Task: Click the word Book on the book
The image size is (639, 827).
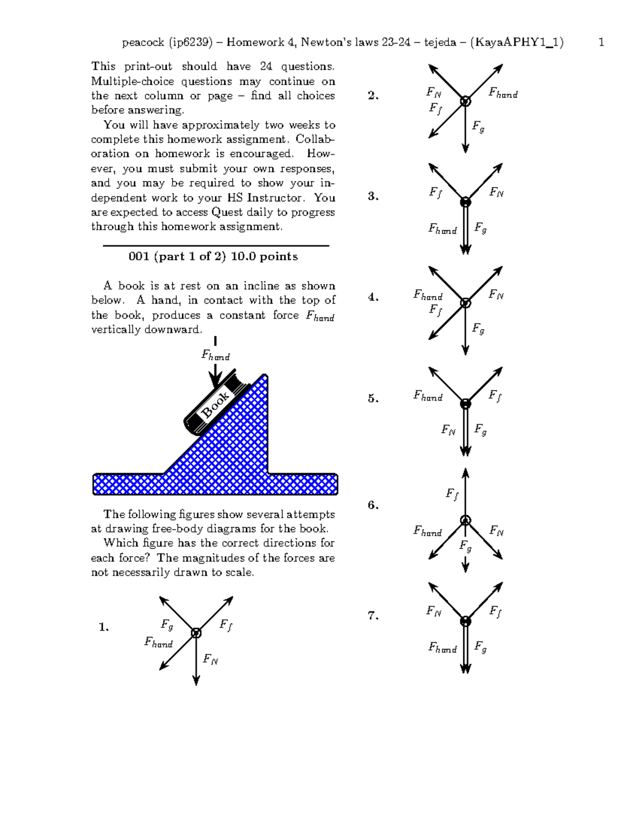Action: (215, 404)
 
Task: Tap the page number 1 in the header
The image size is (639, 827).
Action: (601, 43)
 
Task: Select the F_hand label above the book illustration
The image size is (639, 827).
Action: (215, 355)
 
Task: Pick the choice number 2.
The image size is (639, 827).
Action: (373, 96)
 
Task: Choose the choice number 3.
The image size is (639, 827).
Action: (373, 196)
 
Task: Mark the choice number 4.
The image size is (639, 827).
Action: (373, 297)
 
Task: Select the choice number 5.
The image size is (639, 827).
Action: (373, 398)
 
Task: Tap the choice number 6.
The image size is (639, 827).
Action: (373, 505)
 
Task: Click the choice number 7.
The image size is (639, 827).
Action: (373, 616)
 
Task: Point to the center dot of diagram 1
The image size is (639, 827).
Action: (196, 633)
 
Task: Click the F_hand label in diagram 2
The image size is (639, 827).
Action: (503, 94)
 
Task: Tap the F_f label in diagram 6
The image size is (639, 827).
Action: (452, 495)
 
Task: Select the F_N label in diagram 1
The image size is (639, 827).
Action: (210, 660)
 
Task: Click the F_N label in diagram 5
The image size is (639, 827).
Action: (448, 430)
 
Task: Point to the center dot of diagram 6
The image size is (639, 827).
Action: (465, 520)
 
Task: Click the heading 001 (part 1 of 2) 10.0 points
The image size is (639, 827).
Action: (213, 257)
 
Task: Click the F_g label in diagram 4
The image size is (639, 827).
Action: (478, 329)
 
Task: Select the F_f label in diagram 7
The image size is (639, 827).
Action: (495, 611)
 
